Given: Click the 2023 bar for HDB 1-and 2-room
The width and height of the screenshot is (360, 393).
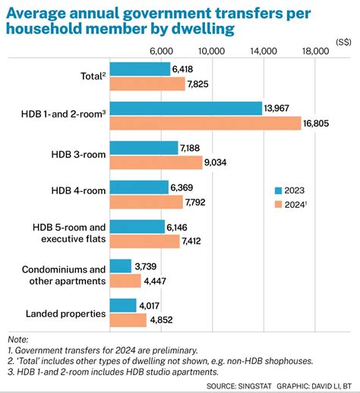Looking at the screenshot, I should pyautogui.click(x=186, y=108).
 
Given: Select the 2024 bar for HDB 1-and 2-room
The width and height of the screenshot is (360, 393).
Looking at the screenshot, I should pyautogui.click(x=205, y=123).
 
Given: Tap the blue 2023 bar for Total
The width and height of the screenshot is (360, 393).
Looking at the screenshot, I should pyautogui.click(x=140, y=69).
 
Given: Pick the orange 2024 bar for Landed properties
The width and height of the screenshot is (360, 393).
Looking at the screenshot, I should pyautogui.click(x=128, y=320).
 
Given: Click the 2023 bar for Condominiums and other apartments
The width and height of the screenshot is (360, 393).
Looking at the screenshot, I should pyautogui.click(x=122, y=266).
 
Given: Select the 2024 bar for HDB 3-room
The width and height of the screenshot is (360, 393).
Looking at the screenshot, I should pyautogui.click(x=156, y=162).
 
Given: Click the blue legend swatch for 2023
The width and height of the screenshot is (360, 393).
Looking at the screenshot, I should pyautogui.click(x=279, y=190).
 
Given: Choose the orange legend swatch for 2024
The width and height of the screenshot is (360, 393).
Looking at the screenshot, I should pyautogui.click(x=279, y=204).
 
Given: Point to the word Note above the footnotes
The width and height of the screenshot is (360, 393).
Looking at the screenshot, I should pyautogui.click(x=17, y=339).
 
